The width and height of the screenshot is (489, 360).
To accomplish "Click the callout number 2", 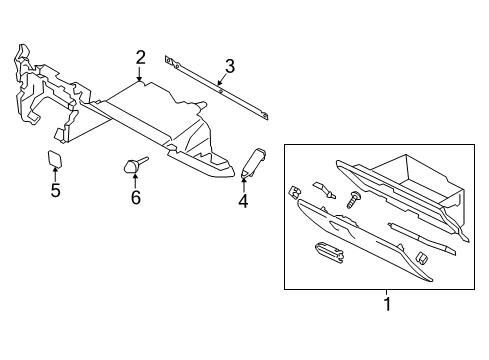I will pyautogui.click(x=141, y=58).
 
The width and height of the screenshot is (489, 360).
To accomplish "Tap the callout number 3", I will pyautogui.click(x=229, y=67).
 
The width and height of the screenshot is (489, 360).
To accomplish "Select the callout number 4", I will pyautogui.click(x=242, y=202).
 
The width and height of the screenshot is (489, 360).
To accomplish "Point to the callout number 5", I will pyautogui.click(x=56, y=190).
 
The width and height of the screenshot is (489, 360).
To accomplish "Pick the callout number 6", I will pyautogui.click(x=136, y=197).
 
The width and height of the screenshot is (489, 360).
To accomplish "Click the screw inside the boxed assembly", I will pyautogui.click(x=355, y=201).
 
